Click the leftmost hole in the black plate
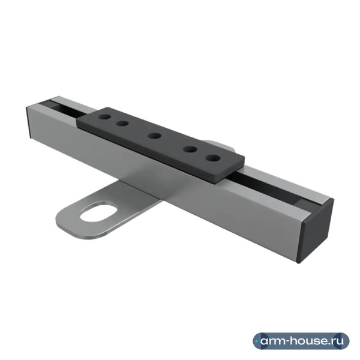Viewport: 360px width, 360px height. click(x=104, y=117)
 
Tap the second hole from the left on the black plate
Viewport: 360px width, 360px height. click(x=122, y=124)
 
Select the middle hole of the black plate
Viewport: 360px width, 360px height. click(x=155, y=136)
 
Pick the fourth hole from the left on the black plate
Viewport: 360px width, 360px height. click(x=190, y=149)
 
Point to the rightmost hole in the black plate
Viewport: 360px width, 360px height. click(x=213, y=158)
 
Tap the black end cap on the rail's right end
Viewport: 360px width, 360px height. click(x=316, y=231)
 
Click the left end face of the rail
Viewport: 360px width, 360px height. click(x=29, y=122)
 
